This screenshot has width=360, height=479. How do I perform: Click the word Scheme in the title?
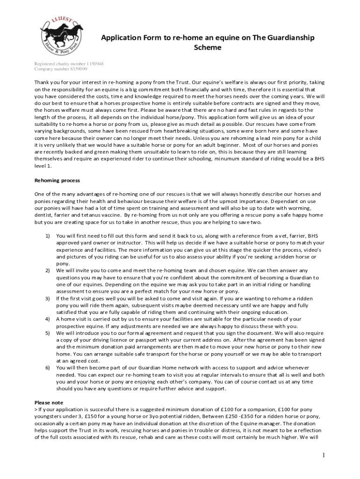pyautogui.click(x=208, y=47)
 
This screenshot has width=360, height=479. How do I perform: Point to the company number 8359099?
pyautogui.click(x=77, y=69)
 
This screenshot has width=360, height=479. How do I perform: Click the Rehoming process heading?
pyautogui.click(x=58, y=181)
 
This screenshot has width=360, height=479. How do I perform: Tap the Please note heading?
pyautogui.click(x=49, y=402)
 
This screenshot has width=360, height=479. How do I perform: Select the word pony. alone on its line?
pyautogui.click(x=63, y=264)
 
